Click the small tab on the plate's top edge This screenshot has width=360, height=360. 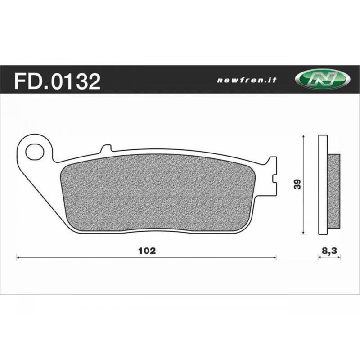(x=105, y=148)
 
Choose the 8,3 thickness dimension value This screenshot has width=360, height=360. (x=329, y=251)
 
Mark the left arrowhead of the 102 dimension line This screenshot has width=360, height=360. (x=18, y=258)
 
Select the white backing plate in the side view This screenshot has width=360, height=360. (x=322, y=184)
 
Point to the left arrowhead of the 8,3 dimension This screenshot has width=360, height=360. (x=319, y=258)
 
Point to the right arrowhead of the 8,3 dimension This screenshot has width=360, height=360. (x=339, y=258)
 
